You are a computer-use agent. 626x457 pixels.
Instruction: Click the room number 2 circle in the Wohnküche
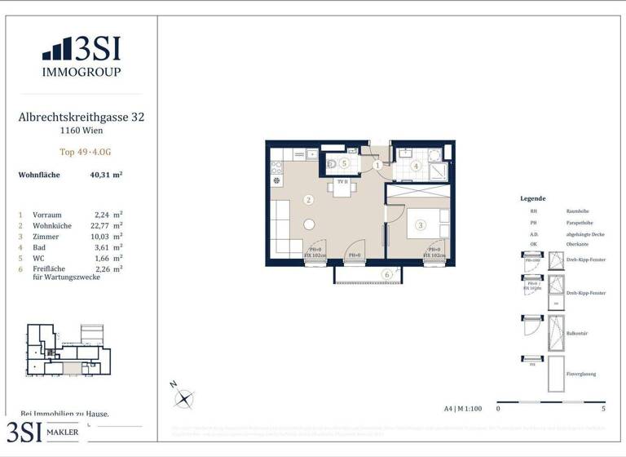click(x=308, y=199)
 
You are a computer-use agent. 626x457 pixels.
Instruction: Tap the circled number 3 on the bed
click(x=420, y=224)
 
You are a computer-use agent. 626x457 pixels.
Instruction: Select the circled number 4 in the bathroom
click(x=416, y=166)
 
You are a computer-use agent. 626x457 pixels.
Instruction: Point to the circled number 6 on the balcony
click(x=387, y=275)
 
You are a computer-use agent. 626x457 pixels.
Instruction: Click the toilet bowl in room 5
click(x=332, y=163)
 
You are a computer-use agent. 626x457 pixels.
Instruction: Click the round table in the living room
click(x=310, y=224)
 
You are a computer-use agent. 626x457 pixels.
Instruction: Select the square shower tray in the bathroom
click(x=437, y=171)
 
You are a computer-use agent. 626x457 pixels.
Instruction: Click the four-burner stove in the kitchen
click(x=276, y=168)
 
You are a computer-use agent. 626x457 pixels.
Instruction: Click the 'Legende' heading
click(x=532, y=198)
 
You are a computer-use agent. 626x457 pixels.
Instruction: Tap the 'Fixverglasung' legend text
click(x=581, y=374)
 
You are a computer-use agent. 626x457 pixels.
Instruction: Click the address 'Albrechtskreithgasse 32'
click(x=81, y=118)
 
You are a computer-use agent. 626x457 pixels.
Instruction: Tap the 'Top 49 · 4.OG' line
click(x=81, y=152)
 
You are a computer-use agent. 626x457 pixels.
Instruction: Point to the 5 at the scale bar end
click(x=603, y=408)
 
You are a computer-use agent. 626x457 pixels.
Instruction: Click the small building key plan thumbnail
click(x=68, y=349)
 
